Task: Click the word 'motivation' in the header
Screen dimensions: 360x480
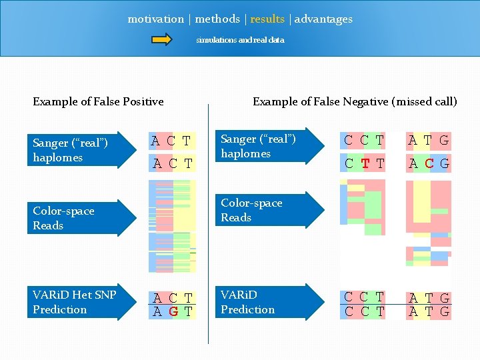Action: click(x=155, y=19)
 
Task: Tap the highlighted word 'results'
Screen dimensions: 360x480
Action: click(x=267, y=19)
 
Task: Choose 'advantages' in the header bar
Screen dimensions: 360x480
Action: click(x=323, y=19)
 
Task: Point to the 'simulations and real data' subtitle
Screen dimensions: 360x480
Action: click(x=240, y=40)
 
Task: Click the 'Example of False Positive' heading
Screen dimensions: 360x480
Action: click(x=98, y=102)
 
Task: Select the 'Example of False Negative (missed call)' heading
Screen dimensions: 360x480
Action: click(x=355, y=102)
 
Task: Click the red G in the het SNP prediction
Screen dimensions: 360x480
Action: click(x=172, y=311)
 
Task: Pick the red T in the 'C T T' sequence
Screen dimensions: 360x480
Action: click(x=365, y=163)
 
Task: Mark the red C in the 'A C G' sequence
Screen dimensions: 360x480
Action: click(x=430, y=163)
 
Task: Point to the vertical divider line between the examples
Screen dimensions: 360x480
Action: click(x=209, y=227)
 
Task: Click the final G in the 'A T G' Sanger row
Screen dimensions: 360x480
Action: click(x=444, y=141)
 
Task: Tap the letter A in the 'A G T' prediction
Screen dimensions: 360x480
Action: click(x=157, y=311)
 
